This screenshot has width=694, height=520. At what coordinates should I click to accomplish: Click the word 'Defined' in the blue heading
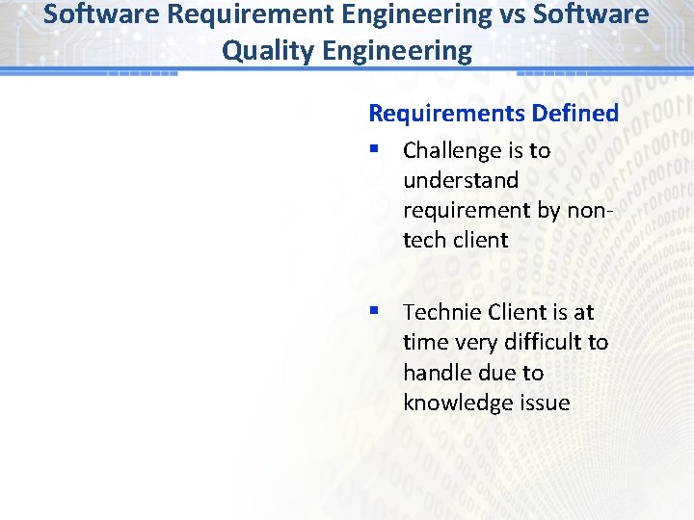[574, 113]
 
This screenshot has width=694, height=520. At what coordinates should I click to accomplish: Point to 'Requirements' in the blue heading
[446, 113]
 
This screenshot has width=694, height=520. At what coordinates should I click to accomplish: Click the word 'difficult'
[544, 343]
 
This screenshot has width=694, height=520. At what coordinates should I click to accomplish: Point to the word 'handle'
[435, 373]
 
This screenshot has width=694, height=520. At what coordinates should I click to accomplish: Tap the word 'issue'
[546, 403]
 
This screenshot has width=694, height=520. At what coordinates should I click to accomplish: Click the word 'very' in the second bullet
[474, 343]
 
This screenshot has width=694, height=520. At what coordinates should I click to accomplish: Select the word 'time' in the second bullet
[425, 343]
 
